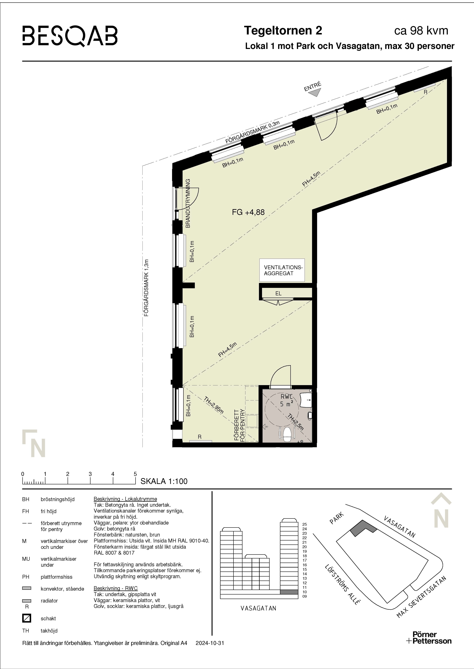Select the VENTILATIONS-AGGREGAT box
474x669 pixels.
tap(282, 270)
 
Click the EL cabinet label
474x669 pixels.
tap(278, 293)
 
